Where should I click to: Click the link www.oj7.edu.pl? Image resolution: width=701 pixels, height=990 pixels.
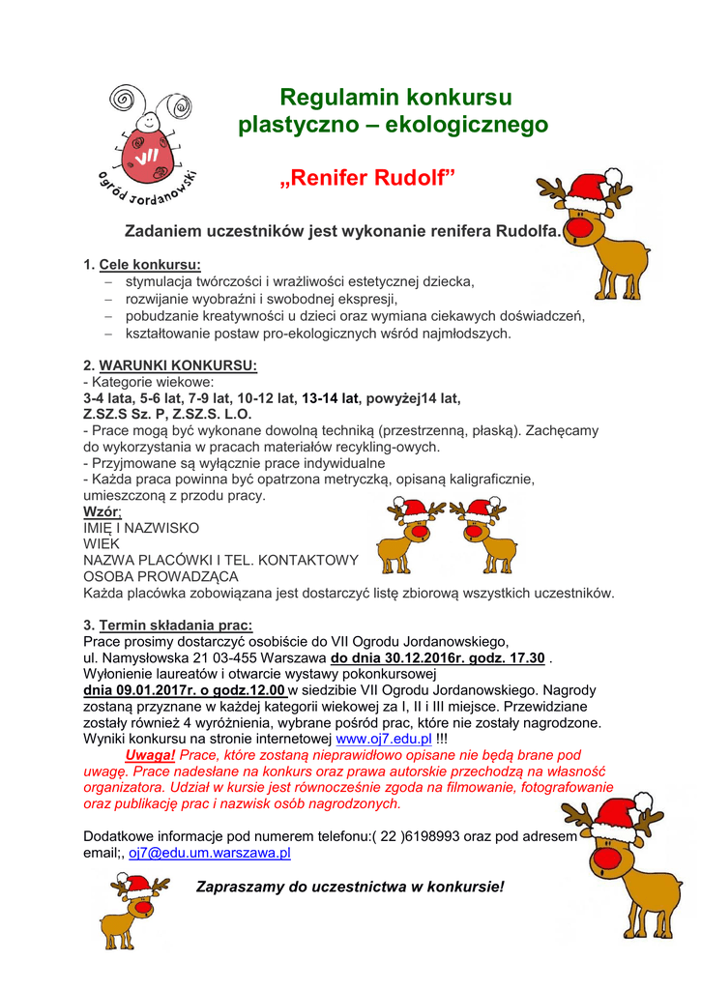coord(383,739)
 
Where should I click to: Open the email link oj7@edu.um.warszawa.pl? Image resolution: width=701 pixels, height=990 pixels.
coord(210,853)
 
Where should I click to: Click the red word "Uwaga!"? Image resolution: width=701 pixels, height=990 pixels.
coord(150,755)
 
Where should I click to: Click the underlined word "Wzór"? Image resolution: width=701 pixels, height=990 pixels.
coord(102,511)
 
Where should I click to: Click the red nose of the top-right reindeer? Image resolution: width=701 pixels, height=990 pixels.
coord(576,228)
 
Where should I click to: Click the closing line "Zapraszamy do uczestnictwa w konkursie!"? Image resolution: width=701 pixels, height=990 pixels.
coord(350,886)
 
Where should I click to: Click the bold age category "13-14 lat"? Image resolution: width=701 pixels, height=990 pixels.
coord(331,397)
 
